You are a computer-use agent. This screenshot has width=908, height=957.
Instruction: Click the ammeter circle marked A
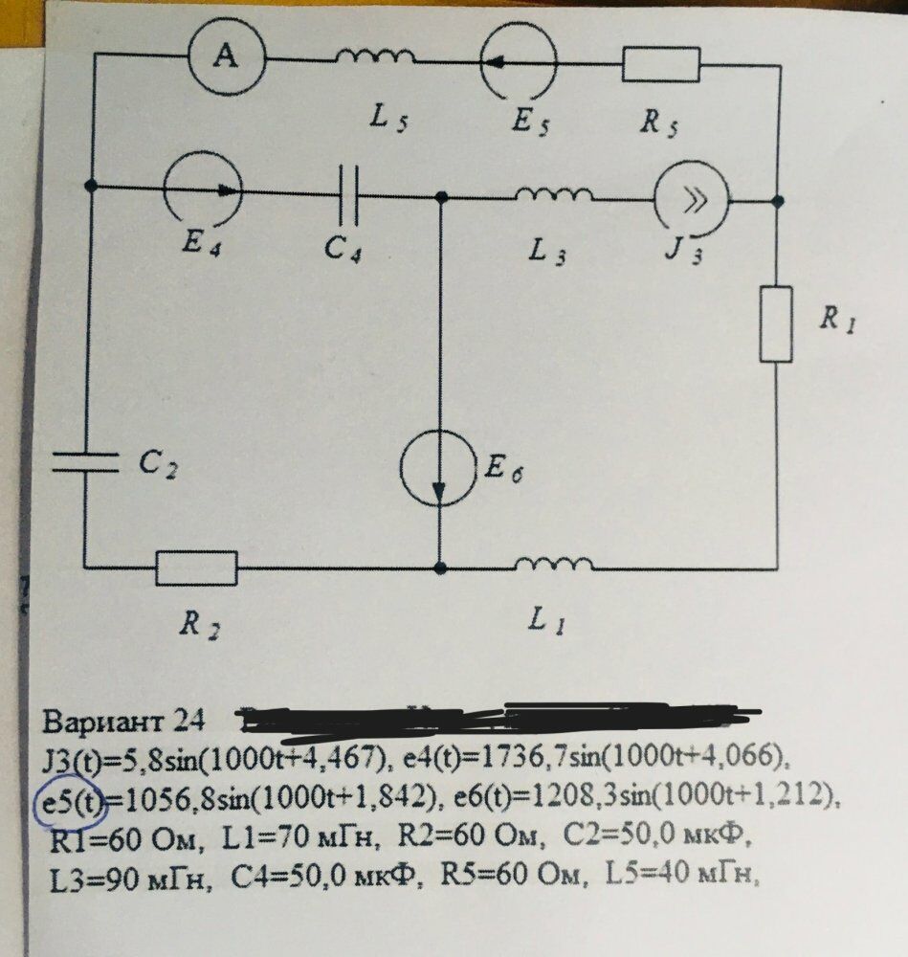coord(226,58)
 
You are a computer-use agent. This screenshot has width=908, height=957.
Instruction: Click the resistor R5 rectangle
coord(661,64)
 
